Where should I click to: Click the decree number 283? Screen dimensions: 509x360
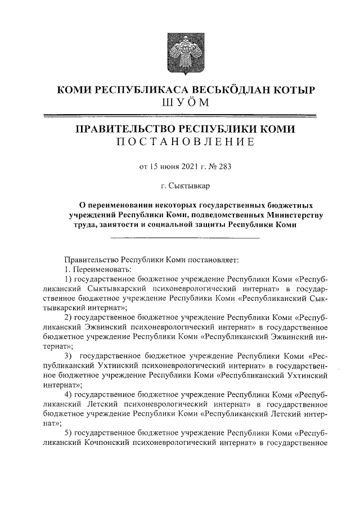click(224, 166)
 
